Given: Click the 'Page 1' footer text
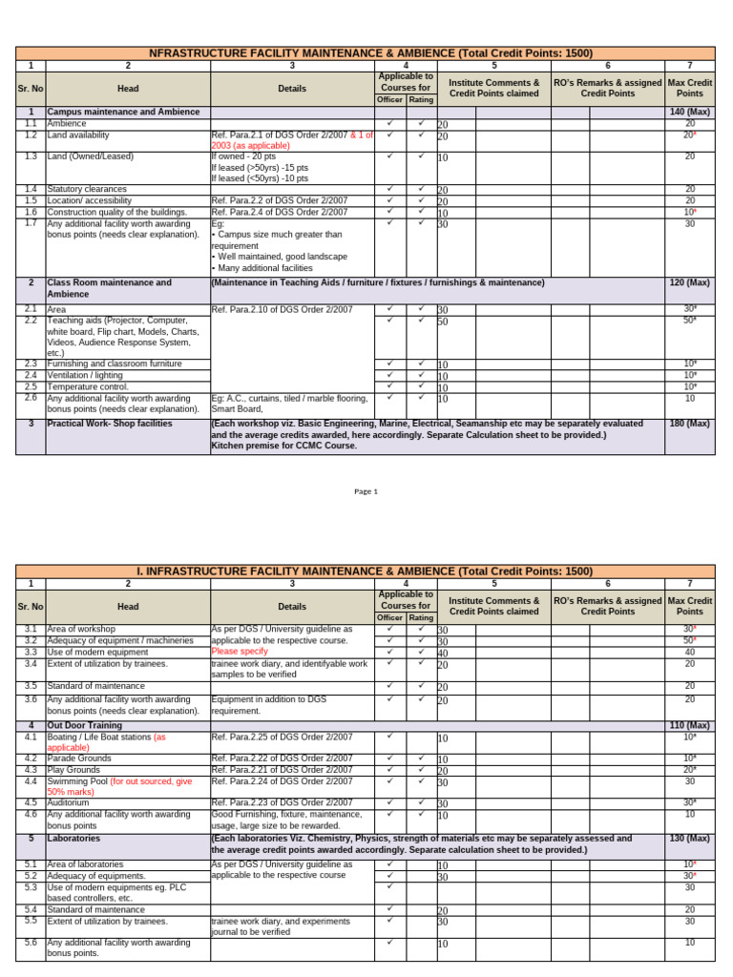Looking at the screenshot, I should pos(366,491).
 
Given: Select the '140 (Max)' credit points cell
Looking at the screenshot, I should pos(689,113).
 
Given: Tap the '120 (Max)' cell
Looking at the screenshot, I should pos(689,283).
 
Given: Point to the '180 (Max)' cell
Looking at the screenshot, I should pos(689,424).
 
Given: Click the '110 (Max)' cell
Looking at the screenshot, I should pos(689,726).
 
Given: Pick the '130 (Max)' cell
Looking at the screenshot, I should pos(689,839).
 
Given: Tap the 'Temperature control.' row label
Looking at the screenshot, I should pos(88,387).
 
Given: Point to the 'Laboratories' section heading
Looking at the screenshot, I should pos(73,839).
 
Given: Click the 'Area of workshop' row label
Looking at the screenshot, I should pos(82,630).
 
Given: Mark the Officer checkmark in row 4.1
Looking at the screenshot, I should pos(391,737).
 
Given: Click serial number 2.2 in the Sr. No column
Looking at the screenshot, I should pos(31,322).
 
